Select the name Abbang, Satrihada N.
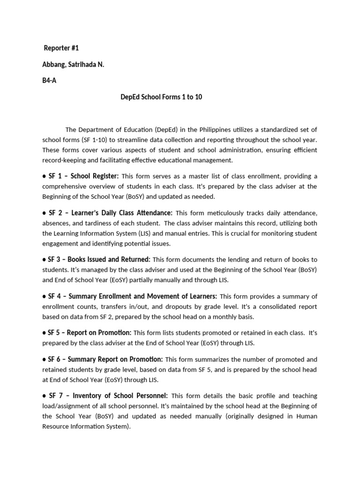tap(73, 64)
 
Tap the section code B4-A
tap(50, 80)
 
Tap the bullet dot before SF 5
tap(44, 333)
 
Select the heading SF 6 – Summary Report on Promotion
tap(105, 360)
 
